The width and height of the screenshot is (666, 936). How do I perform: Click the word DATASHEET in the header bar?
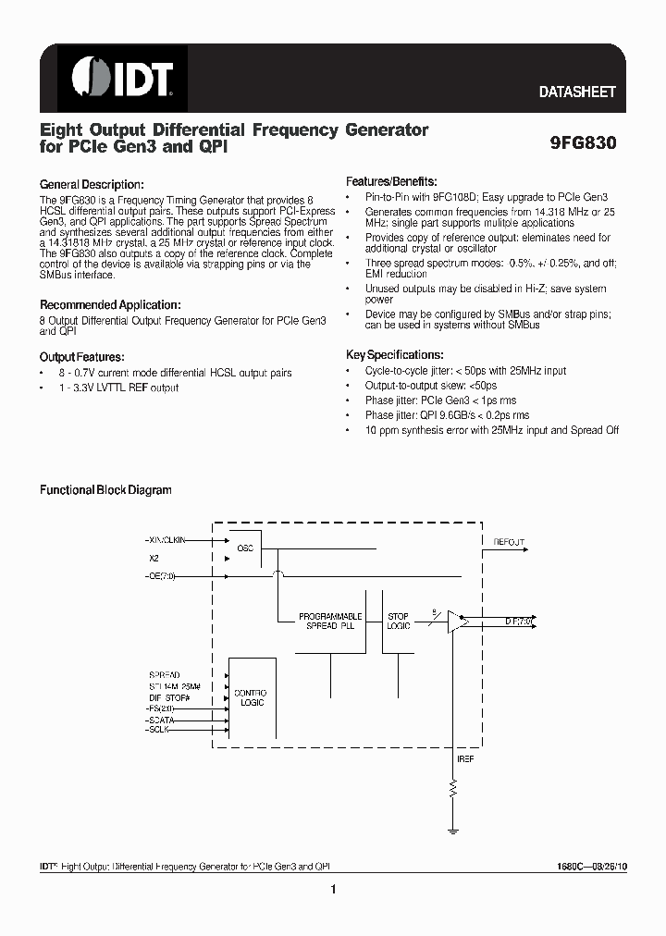pyautogui.click(x=577, y=92)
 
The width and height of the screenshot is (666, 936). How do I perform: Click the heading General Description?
pyautogui.click(x=92, y=185)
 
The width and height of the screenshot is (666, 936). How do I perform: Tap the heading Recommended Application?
pyautogui.click(x=110, y=305)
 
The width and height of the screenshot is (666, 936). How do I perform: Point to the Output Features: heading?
pyautogui.click(x=81, y=357)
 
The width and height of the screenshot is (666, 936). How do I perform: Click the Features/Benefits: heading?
pyautogui.click(x=391, y=182)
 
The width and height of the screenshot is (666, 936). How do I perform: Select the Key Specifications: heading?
pyautogui.click(x=394, y=355)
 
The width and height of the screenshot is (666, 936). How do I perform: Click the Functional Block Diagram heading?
pyautogui.click(x=105, y=490)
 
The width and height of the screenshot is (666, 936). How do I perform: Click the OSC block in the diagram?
pyautogui.click(x=245, y=548)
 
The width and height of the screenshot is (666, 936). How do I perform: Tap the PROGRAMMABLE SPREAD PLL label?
pyautogui.click(x=330, y=621)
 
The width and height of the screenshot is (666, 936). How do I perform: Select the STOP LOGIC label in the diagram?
pyautogui.click(x=398, y=621)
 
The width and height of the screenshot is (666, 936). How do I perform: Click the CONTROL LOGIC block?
pyautogui.click(x=250, y=697)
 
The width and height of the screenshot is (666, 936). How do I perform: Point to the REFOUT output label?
pyautogui.click(x=509, y=543)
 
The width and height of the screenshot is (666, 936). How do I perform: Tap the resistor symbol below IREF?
pyautogui.click(x=453, y=789)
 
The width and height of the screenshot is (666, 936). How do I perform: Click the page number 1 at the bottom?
pyautogui.click(x=332, y=890)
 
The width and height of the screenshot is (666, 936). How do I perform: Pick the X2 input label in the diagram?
pyautogui.click(x=154, y=559)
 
